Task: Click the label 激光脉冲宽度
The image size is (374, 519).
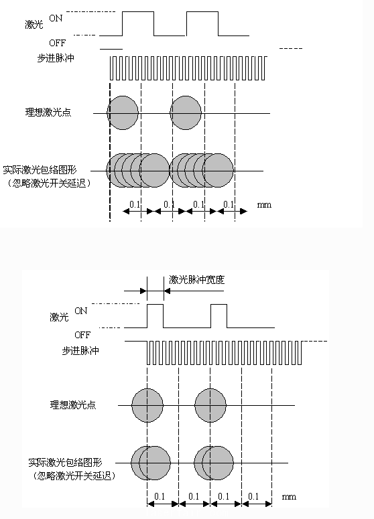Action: [x=197, y=280]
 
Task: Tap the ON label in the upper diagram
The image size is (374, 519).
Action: [x=56, y=18]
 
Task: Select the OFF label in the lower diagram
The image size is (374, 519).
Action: [x=82, y=335]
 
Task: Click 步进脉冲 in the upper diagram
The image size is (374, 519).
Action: [x=56, y=58]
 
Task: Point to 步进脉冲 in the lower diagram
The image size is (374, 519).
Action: [x=80, y=351]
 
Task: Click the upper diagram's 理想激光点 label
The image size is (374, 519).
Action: [x=48, y=113]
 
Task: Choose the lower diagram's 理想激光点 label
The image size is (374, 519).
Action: [x=73, y=404]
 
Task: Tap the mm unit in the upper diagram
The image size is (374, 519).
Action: [x=264, y=205]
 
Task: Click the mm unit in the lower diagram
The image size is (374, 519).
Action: [x=289, y=496]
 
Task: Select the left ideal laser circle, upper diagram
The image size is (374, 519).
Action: [x=123, y=113]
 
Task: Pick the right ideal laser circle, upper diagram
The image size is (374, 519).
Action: [x=186, y=113]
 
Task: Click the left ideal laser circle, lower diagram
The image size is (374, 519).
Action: [x=147, y=405]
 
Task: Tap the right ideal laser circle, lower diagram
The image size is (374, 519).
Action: [x=210, y=405]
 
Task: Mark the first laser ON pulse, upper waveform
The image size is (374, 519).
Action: [x=138, y=12]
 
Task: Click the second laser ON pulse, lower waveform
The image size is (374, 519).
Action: [x=219, y=304]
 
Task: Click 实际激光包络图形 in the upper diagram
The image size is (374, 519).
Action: [x=40, y=170]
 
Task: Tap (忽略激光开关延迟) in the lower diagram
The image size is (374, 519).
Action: [x=74, y=476]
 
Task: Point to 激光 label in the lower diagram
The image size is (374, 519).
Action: [x=59, y=317]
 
